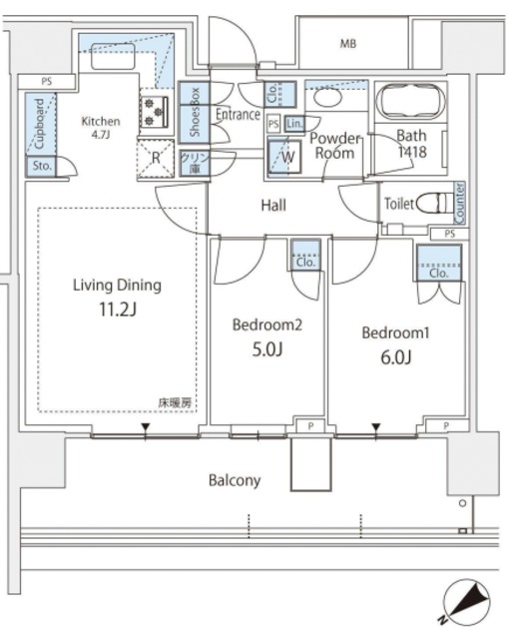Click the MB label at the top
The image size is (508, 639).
click(347, 44)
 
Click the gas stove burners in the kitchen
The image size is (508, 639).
click(155, 109)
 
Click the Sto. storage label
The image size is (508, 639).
click(40, 166)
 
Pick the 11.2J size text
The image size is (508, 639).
click(117, 309)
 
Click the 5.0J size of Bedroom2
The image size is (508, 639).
click(266, 349)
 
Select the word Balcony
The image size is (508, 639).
click(235, 480)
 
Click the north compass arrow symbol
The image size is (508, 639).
click(465, 600)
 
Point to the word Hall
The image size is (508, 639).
click(273, 207)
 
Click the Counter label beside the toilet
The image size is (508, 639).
click(459, 203)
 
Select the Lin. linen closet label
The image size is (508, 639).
click(294, 123)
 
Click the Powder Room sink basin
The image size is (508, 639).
click(326, 99)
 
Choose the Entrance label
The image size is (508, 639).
click(238, 115)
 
